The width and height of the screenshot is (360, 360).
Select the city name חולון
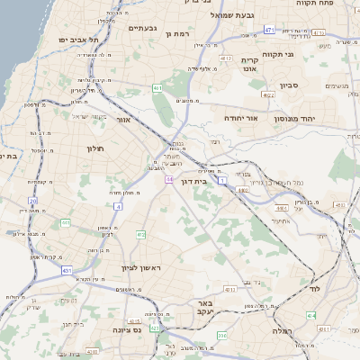(x=96, y=148)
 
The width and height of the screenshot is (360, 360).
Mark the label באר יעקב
(x=205, y=309)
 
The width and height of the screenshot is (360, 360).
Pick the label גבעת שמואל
(x=235, y=15)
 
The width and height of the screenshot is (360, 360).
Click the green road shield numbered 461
(x=157, y=87)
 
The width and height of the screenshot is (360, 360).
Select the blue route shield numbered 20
(x=32, y=201)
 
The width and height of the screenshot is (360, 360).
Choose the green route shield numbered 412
(x=140, y=235)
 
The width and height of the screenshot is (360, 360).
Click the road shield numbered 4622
(x=268, y=93)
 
